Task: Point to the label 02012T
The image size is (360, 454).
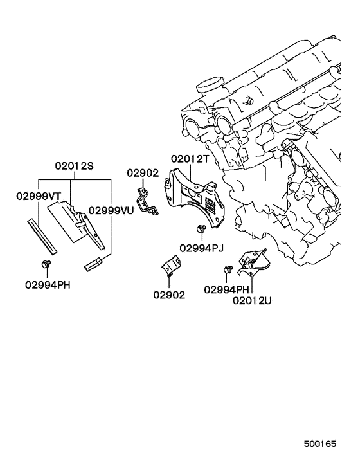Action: tap(191, 159)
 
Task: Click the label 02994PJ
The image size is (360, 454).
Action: tap(201, 248)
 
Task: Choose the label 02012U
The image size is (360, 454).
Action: tap(252, 300)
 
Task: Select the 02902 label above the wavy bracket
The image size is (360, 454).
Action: tap(142, 172)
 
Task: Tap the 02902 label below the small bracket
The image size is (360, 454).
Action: tap(169, 295)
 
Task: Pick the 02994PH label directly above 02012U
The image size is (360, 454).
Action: tap(226, 289)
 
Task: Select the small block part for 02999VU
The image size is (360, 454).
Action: tap(93, 262)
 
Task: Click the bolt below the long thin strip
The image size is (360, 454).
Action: tap(46, 264)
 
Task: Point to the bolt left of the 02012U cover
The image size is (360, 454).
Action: tap(228, 269)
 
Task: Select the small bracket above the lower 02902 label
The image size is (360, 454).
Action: tap(171, 266)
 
